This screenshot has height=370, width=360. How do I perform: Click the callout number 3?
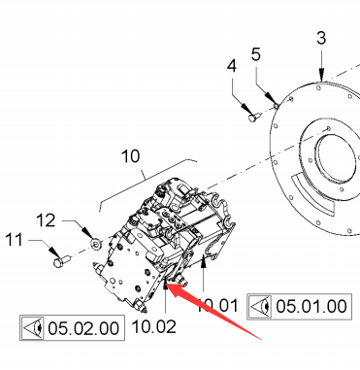pos(321,38)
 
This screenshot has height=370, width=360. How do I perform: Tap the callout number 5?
pos(256,54)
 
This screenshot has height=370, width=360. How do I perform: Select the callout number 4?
pos(232,66)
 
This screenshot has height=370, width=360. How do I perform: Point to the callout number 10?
pos(131,156)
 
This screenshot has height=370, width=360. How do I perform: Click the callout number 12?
pos(46,220)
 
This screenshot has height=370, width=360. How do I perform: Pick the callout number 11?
pos(15,240)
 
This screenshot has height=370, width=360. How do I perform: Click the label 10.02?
pos(154,326)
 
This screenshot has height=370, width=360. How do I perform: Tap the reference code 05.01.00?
pos(311,306)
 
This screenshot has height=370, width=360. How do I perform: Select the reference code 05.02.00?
pos(83,328)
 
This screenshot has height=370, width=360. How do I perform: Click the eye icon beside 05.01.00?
pos(261,306)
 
